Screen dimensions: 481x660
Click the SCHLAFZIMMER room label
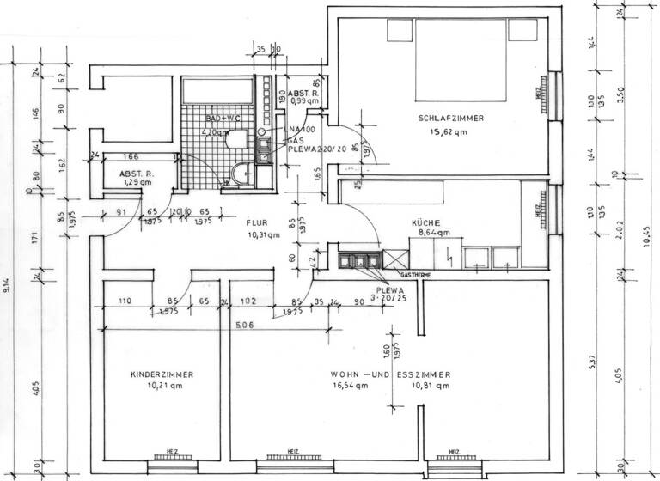pos(450,119)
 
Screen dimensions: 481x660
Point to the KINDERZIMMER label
pos(162,374)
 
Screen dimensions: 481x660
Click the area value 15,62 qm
pos(449,132)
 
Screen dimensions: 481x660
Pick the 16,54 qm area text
pos(349,387)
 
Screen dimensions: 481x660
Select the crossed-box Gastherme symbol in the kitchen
pos(394,259)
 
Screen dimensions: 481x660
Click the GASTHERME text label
pos(416,276)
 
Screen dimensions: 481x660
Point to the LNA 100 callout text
pos(301,128)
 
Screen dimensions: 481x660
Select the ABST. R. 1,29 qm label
pos(136,177)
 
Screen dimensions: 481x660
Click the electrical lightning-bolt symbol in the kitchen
pos(449,254)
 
